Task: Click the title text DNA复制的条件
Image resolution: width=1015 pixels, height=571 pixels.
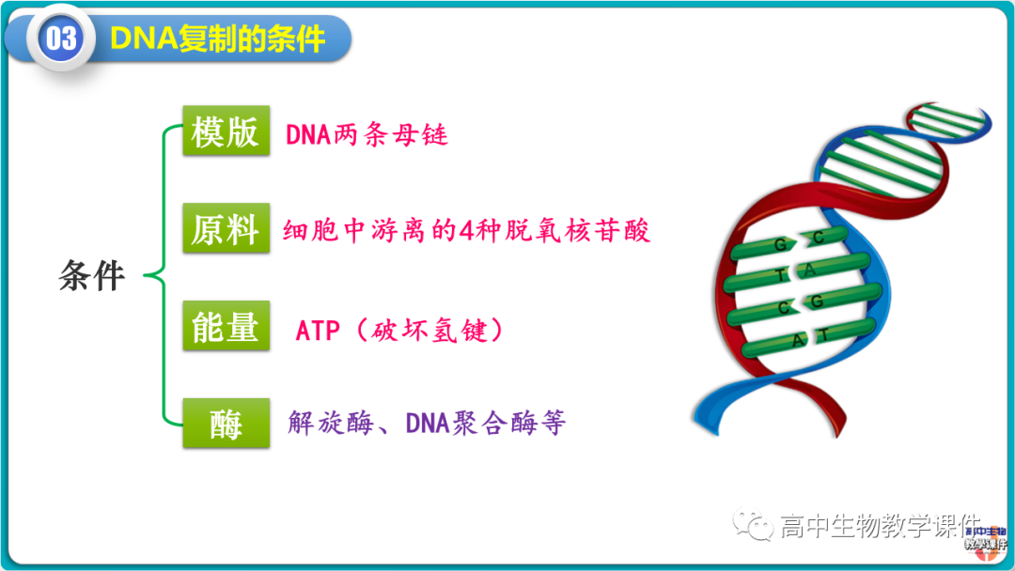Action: tap(217, 39)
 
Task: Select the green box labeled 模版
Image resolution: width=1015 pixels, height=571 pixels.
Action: tap(225, 131)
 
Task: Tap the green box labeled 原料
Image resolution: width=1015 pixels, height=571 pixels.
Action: tap(225, 229)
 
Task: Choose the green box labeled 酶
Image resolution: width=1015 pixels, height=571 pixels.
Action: tap(225, 424)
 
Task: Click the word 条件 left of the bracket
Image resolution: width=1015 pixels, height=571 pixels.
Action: tap(92, 276)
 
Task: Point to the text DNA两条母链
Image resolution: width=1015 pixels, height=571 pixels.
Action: tap(367, 135)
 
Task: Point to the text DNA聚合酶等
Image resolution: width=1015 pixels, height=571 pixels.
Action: tap(485, 423)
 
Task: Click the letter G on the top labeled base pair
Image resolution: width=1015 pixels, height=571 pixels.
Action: tap(779, 244)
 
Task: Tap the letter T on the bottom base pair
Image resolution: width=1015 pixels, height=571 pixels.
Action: tap(822, 334)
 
